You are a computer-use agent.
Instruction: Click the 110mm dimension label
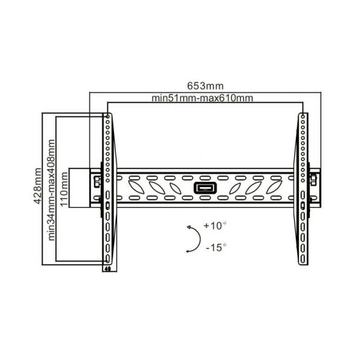tap(65, 187)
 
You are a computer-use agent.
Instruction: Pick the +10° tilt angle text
tap(214, 227)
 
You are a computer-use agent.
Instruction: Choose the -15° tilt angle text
tap(215, 247)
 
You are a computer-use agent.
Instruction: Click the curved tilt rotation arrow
tap(193, 238)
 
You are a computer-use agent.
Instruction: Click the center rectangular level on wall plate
tap(202, 188)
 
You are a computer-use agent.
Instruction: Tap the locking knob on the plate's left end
tap(95, 179)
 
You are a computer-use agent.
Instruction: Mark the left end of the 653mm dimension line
tap(90, 92)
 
